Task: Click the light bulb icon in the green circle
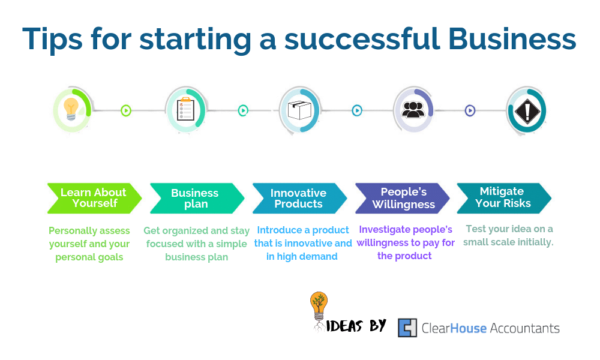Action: coord(71,109)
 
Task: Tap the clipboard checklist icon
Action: coord(185,109)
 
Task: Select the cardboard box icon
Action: coord(299,110)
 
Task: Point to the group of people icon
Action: coord(413,109)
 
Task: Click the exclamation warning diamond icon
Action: coord(527,111)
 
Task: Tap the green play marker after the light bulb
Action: coord(126,110)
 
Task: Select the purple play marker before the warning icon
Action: coord(470,110)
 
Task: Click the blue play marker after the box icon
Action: coord(357,110)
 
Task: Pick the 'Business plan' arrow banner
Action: coord(197,198)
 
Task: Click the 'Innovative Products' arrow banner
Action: coord(299,198)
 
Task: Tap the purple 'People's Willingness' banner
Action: coord(403,198)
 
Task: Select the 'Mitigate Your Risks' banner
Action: coord(504,198)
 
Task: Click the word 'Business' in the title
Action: coord(512,38)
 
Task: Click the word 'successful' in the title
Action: coord(362,38)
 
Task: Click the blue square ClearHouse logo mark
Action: coord(407,328)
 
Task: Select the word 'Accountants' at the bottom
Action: coord(524,328)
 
